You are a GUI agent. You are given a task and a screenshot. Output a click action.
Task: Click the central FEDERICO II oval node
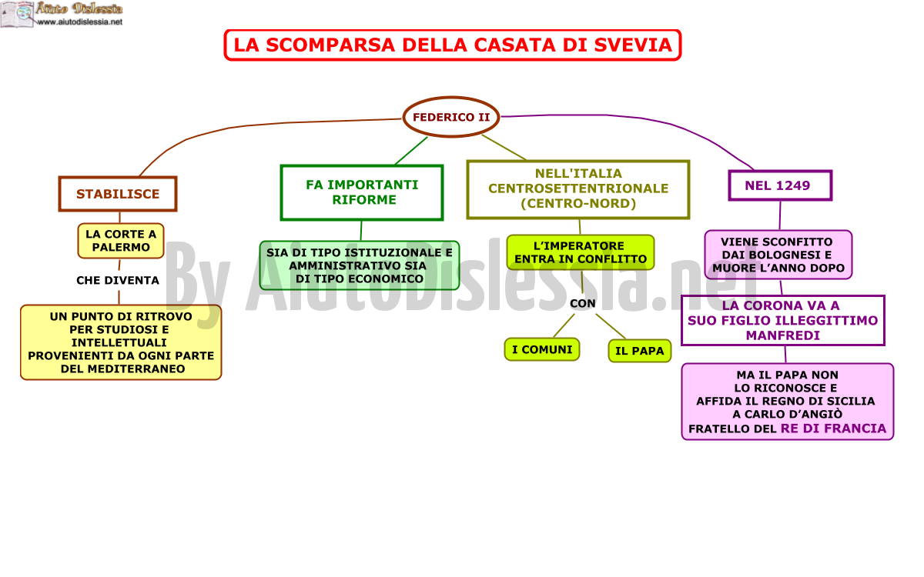pos(451,117)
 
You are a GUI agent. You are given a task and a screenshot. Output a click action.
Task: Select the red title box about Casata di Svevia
pos(453,45)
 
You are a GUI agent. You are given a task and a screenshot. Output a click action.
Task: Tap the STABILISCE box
pos(118,194)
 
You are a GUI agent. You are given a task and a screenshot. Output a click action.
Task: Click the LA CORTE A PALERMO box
pos(121,241)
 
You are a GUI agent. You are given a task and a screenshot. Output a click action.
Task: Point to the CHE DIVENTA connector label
pos(118,280)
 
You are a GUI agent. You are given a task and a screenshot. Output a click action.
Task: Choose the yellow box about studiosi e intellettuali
pos(121,342)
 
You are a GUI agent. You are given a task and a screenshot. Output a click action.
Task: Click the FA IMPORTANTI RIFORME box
pos(362,192)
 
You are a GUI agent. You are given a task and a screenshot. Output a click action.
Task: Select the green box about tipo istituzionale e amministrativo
pos(360,265)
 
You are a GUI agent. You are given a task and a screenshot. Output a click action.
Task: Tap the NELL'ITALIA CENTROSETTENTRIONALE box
pos(578,188)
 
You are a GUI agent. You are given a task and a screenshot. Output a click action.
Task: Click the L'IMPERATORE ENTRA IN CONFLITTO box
pos(581,252)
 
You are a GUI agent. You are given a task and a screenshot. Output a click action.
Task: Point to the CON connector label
pos(582,303)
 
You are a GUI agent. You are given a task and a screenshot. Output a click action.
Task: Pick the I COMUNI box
pos(542,349)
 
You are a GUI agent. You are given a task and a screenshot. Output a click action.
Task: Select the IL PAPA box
pos(639,351)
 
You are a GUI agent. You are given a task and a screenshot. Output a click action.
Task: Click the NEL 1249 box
pos(780,185)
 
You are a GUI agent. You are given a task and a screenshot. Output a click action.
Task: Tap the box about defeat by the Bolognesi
pos(778,255)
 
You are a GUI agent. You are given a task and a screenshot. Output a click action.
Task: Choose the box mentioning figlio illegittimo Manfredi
pos(783,320)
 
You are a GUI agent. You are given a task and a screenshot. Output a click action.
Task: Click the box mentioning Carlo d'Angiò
pos(788,402)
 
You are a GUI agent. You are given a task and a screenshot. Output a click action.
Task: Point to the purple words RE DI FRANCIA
pos(833,429)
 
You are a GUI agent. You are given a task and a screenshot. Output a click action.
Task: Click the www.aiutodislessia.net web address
pos(79,22)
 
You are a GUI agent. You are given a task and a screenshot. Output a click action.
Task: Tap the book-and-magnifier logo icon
pos(17,15)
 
